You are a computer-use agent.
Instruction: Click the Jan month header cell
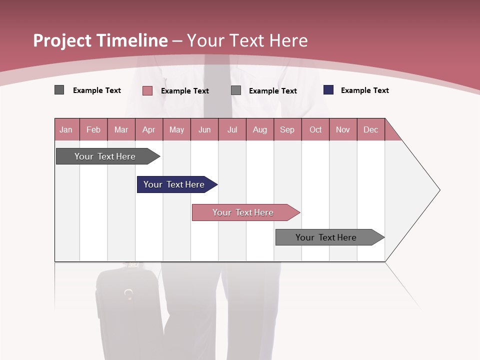pyautogui.click(x=66, y=130)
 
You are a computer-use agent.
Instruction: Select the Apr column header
pyautogui.click(x=148, y=130)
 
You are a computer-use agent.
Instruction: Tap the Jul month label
pyautogui.click(x=232, y=130)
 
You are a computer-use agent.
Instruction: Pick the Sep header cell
pyautogui.click(x=287, y=130)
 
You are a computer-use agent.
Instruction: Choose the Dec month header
pyautogui.click(x=370, y=130)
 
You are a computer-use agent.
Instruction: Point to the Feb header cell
pyautogui.click(x=93, y=130)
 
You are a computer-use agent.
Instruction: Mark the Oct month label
pyautogui.click(x=315, y=130)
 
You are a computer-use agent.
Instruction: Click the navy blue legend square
pyautogui.click(x=328, y=90)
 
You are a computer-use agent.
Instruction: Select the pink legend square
pyautogui.click(x=147, y=90)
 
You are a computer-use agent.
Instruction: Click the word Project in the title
pyautogui.click(x=62, y=40)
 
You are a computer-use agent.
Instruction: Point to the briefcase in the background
pyautogui.click(x=127, y=310)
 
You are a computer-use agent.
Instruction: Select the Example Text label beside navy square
pyautogui.click(x=364, y=90)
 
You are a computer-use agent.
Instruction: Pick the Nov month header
pyautogui.click(x=343, y=130)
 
